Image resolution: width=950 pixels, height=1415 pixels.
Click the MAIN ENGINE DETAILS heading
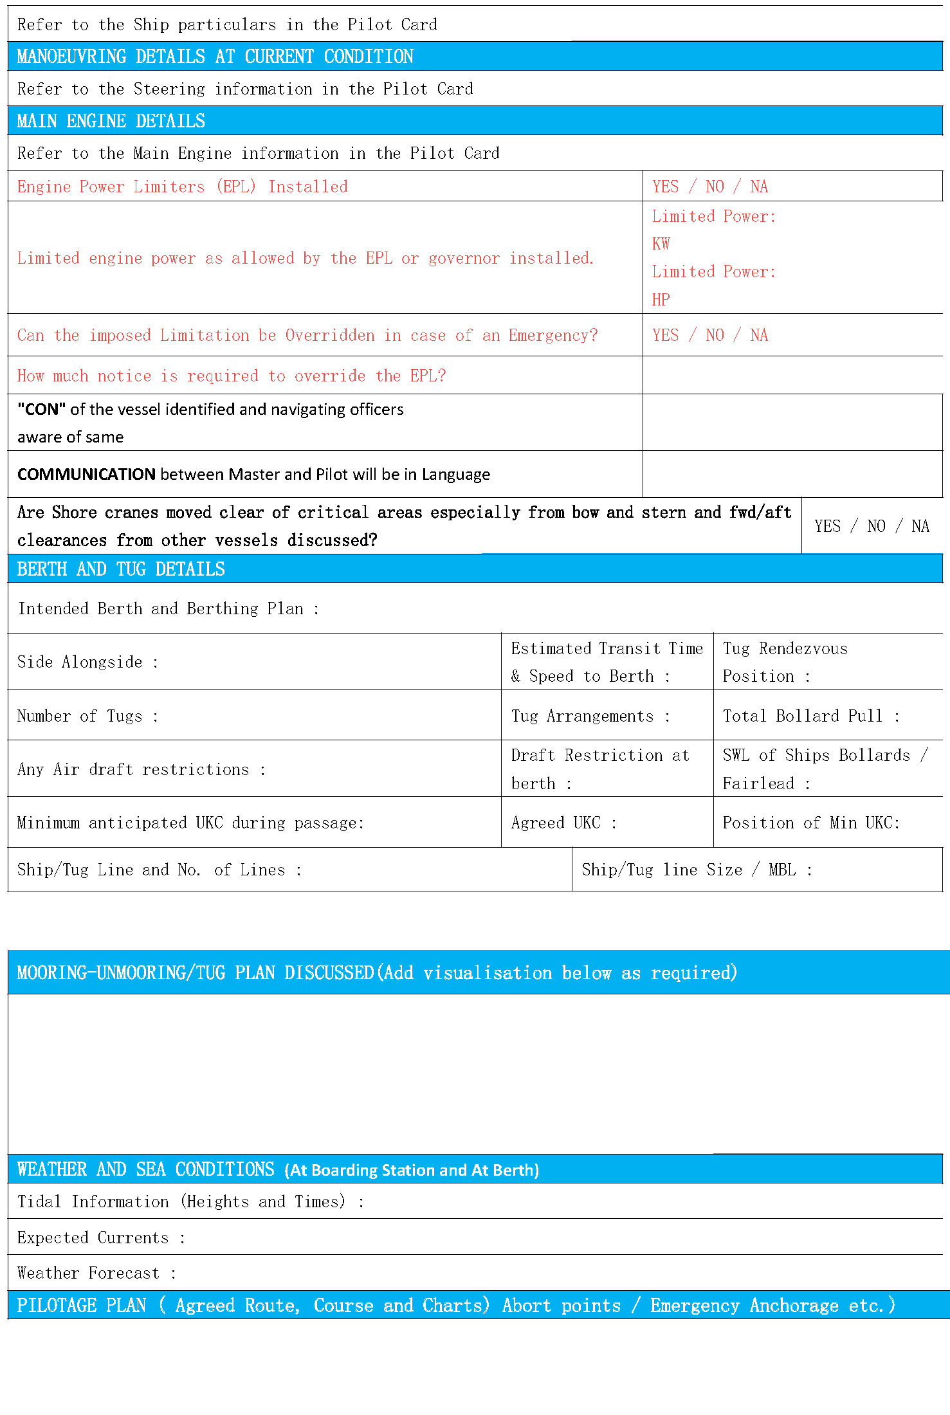point(111,121)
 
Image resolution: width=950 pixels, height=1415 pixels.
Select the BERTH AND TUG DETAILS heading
point(121,569)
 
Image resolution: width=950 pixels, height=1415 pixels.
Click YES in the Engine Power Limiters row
point(665,187)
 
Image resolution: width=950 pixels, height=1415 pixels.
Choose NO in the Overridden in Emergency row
point(715,335)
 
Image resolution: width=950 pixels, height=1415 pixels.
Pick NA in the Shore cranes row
point(920,526)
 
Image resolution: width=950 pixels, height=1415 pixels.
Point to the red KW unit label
point(661,244)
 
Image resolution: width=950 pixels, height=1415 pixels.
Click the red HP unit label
point(661,300)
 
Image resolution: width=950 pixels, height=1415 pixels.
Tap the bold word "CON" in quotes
point(41,410)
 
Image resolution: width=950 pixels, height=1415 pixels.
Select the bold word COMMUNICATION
point(86,475)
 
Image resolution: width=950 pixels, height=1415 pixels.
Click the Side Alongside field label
point(80,662)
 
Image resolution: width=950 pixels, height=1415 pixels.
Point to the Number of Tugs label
point(80,716)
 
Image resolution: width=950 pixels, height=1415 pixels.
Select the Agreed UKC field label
point(556,823)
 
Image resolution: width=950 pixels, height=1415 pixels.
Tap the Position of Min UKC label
point(810,823)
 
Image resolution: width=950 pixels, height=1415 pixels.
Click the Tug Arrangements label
point(582,716)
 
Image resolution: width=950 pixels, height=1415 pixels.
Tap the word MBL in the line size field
point(781,870)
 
